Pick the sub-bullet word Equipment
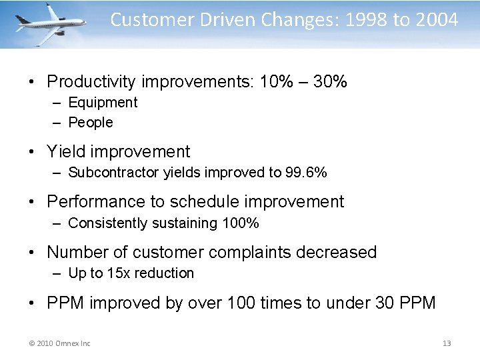(103, 103)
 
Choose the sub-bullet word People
(91, 123)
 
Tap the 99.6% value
(306, 173)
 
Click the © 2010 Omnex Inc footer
(61, 343)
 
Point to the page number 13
(447, 343)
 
